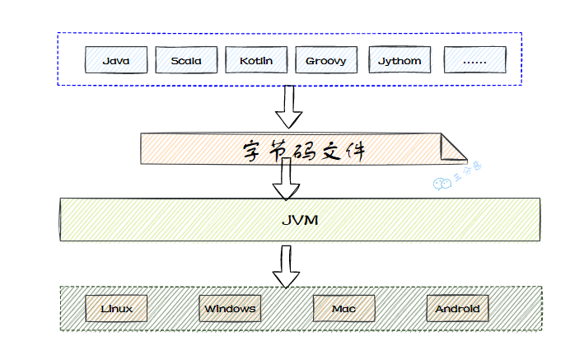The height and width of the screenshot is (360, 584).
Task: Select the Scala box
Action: point(186,60)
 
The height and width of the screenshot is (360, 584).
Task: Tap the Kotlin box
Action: point(256,60)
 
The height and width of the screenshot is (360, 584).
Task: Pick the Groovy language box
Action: point(326,60)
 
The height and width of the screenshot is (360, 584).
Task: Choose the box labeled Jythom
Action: point(399,60)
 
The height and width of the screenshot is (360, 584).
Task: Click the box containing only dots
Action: point(475,60)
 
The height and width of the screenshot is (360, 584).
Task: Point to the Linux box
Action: point(117,309)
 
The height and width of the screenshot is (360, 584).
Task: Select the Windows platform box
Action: point(230,309)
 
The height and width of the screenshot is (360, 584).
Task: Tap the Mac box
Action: point(343,309)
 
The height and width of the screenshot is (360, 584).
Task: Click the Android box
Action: point(457,309)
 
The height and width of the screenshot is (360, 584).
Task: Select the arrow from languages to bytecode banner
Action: point(287,105)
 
